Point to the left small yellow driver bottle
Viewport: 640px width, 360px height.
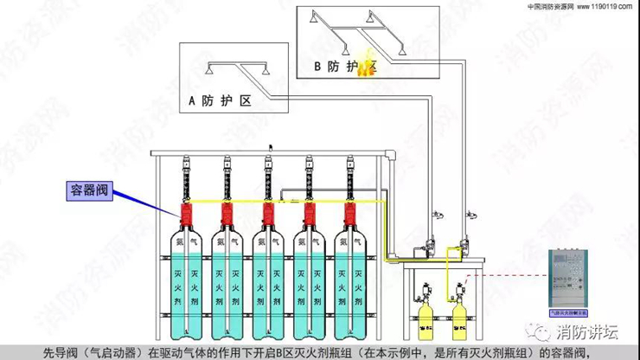(425, 317)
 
